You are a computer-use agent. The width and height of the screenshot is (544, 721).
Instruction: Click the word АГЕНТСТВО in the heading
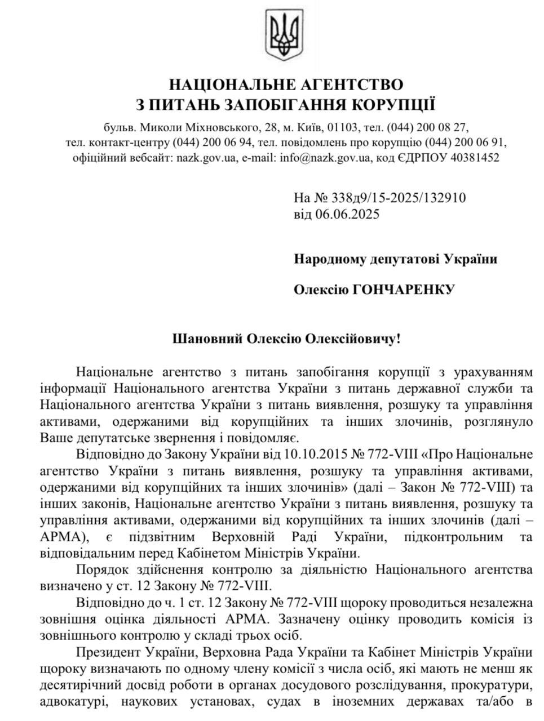point(351,85)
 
